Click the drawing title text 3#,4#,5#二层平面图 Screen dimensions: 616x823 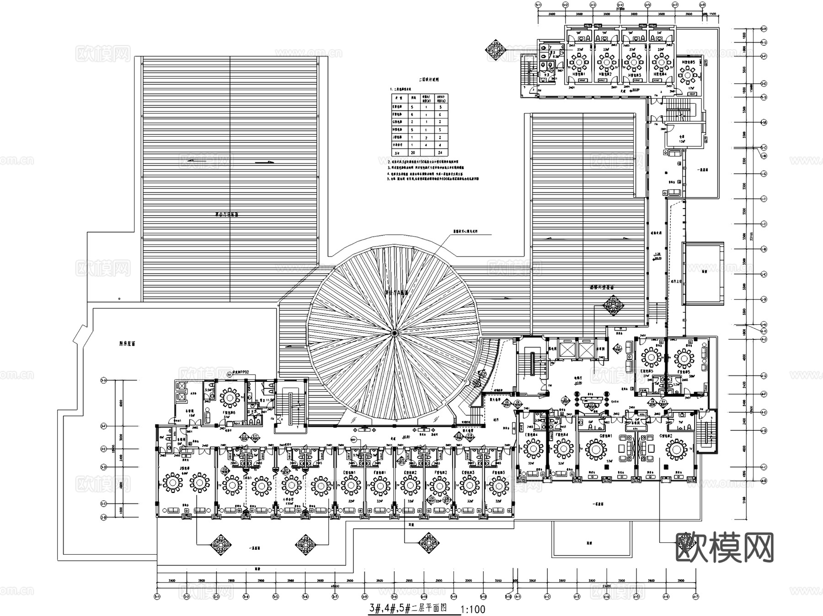[407, 609]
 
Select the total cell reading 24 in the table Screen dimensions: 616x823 [440, 153]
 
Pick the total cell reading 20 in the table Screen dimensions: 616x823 [412, 153]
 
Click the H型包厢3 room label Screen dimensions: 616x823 [634, 74]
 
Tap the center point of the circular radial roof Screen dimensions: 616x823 [392, 332]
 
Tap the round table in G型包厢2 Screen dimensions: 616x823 [676, 450]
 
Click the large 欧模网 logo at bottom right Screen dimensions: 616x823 [724, 547]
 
